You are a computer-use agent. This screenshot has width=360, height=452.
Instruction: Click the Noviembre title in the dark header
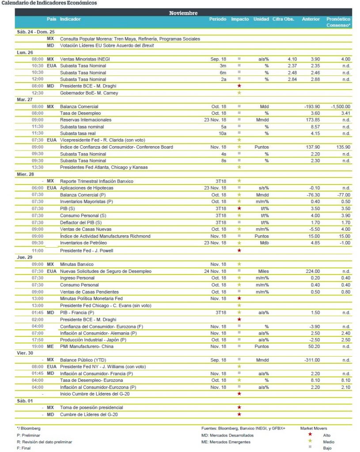coord(183,13)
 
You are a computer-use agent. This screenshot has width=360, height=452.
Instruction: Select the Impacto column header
coord(239,19)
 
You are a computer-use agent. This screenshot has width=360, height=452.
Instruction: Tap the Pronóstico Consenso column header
coord(338,22)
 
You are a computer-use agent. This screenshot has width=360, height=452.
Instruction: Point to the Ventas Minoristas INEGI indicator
coord(85,59)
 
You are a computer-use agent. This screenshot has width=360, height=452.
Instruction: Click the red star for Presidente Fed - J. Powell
coord(239,250)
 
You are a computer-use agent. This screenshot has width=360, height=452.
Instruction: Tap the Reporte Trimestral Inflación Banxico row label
coord(96,181)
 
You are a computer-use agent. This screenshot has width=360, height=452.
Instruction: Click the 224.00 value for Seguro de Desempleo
coord(311,271)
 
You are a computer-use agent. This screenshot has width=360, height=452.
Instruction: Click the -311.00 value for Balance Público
coord(311,360)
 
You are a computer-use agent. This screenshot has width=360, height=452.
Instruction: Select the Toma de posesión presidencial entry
coord(91,407)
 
